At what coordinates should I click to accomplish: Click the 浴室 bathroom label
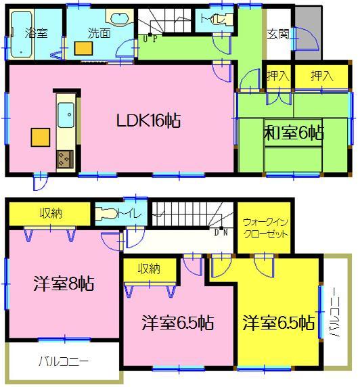coord(35,32)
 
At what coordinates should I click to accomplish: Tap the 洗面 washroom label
coord(99,32)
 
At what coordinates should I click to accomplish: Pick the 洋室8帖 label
coord(64,283)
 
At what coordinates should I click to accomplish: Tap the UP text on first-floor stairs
coord(150,39)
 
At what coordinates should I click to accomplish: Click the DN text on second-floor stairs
coord(221,233)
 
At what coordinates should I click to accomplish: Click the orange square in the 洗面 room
coord(85,47)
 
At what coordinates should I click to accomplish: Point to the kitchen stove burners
coord(66,160)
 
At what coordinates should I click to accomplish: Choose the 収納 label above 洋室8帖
coord(51,214)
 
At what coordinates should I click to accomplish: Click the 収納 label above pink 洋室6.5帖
coord(150,269)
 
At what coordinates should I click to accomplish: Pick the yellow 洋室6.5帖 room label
coord(278,321)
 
